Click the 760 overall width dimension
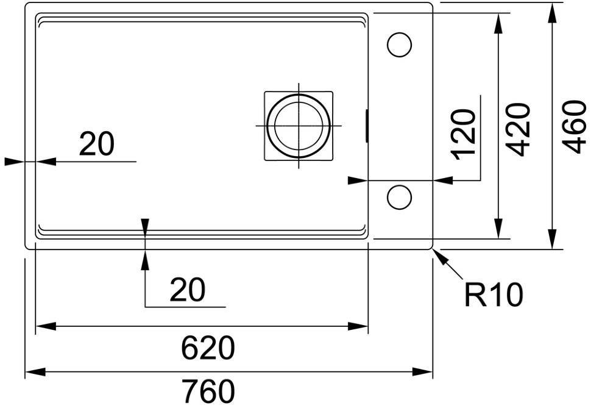pos(208,391)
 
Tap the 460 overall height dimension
pos(574,127)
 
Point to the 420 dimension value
pos(519,130)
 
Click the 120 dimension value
pos(464,134)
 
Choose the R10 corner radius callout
pos(494,295)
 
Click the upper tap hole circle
pos(399,45)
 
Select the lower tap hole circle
pos(399,197)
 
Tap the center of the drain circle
pos(299,126)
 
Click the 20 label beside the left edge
pos(96,144)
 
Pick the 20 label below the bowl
pos(187,290)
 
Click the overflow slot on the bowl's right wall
pos(367,126)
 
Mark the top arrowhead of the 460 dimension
pos(553,13)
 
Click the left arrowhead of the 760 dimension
pos(35,372)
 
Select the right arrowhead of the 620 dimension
pos(358,326)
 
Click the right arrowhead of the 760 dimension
pos(422,372)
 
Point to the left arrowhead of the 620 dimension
pos(46,326)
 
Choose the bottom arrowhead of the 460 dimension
pos(553,239)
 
